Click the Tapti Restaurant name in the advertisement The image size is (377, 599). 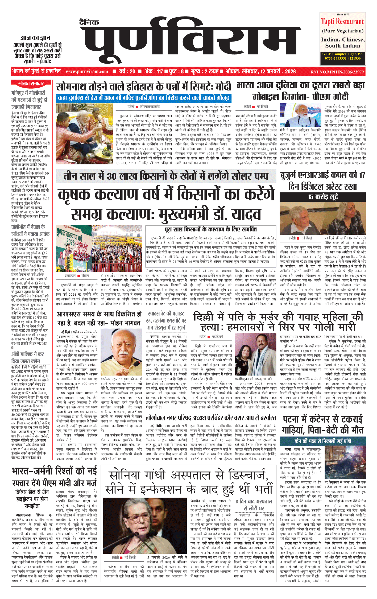click(342, 22)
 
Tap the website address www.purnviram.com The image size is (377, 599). click(87, 72)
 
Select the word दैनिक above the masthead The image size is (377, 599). click(89, 23)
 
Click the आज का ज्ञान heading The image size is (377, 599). click(35, 38)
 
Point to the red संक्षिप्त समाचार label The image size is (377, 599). click(31, 84)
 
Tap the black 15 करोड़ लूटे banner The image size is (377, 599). click(322, 197)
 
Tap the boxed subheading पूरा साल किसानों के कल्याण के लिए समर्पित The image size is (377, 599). click(211, 229)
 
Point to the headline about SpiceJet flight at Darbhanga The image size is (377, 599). click(167, 321)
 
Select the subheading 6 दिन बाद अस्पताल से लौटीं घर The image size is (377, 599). click(254, 505)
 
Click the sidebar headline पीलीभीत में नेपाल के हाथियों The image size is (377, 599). click(30, 230)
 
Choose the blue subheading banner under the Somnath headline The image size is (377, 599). click(143, 98)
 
